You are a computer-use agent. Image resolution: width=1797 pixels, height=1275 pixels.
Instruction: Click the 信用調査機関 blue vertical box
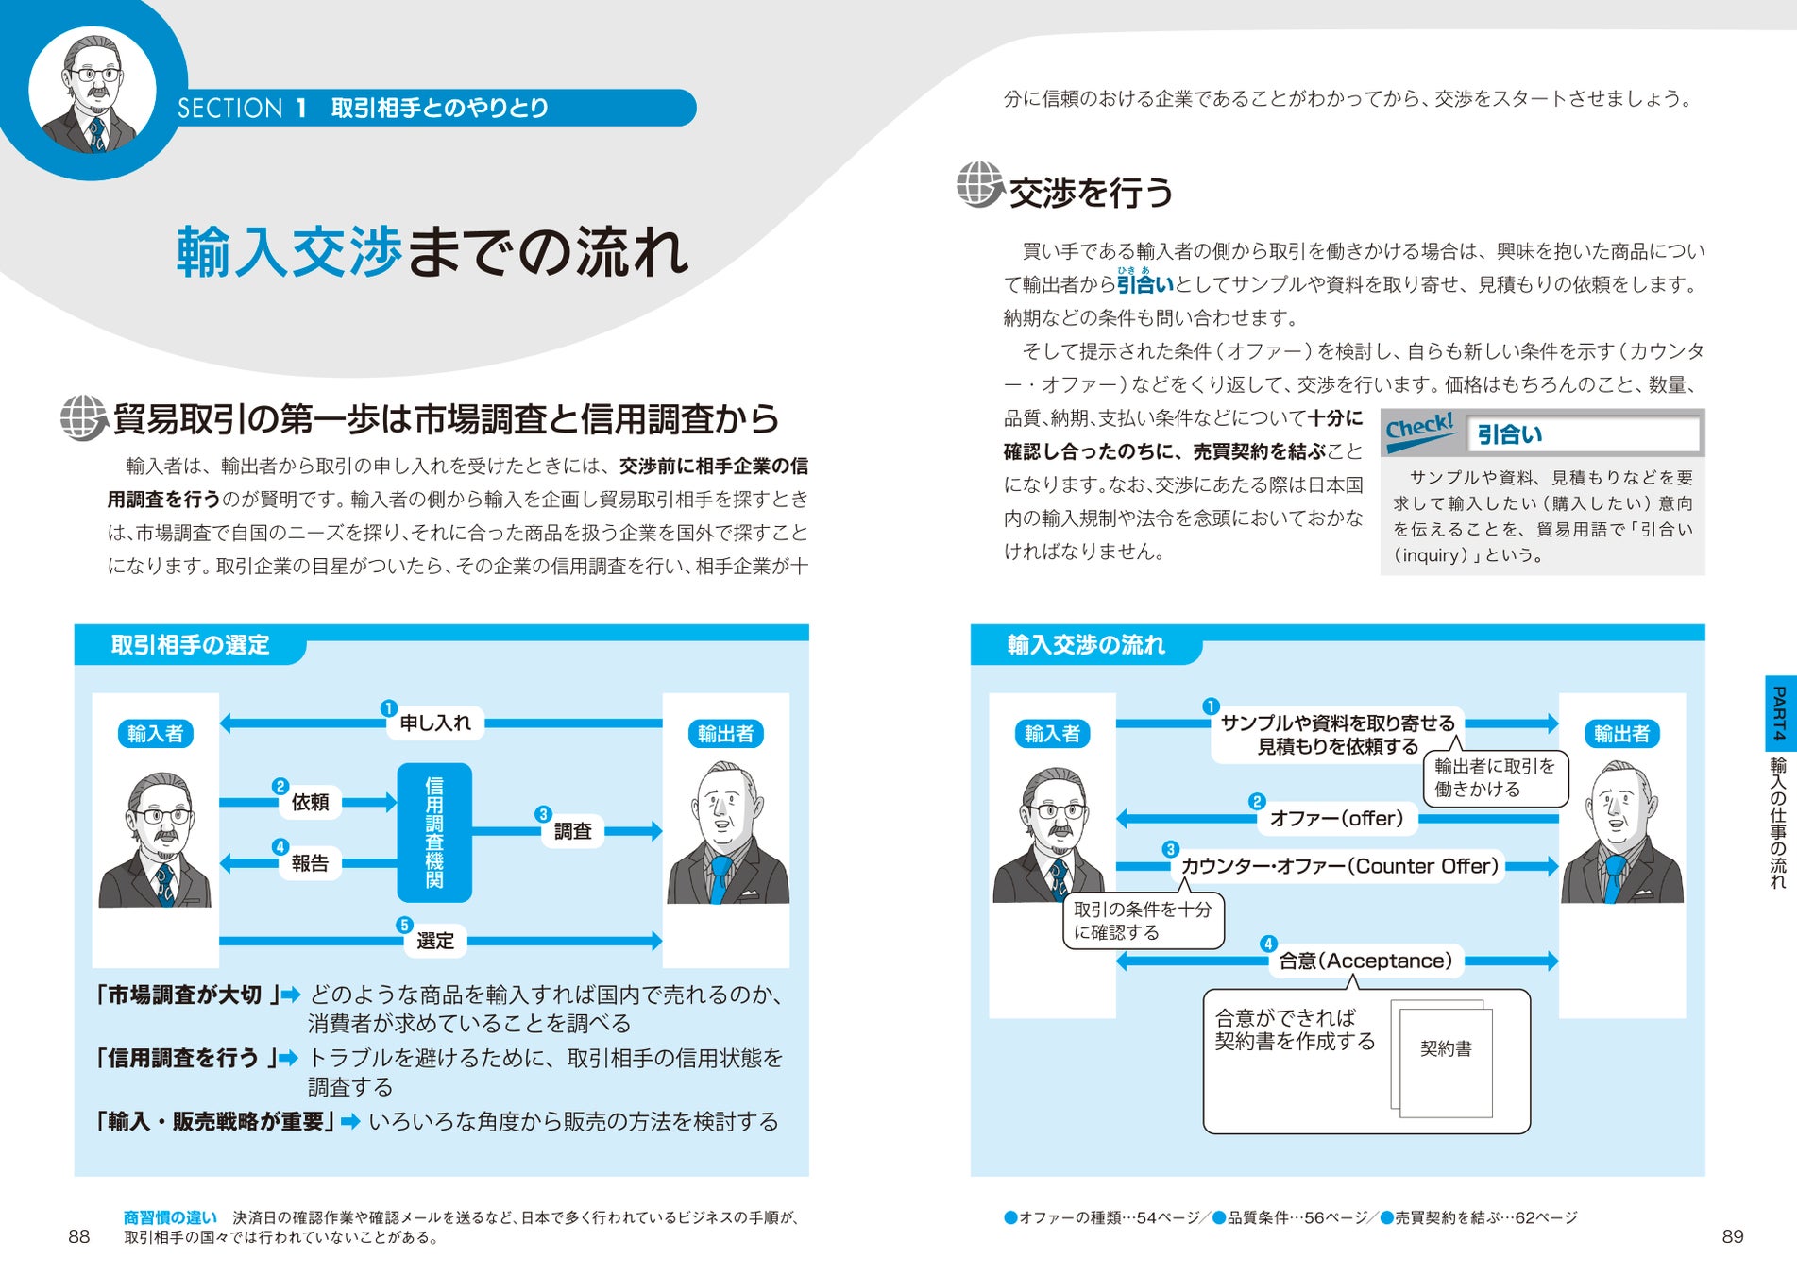coord(434,832)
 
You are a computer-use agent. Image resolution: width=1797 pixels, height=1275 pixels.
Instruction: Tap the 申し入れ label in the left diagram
coord(434,723)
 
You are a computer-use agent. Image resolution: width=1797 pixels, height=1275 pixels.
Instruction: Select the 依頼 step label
coord(310,803)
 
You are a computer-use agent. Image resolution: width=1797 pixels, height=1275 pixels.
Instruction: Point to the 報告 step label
coord(310,863)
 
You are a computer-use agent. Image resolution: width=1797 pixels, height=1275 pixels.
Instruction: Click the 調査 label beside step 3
coord(572,831)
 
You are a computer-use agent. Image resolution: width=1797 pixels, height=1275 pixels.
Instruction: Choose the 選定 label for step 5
coord(435,941)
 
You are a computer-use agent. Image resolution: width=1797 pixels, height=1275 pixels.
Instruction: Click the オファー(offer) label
coord(1336,819)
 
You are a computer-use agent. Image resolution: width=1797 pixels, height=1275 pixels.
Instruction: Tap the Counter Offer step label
coord(1339,866)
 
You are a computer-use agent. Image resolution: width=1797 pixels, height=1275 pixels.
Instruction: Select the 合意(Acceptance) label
coord(1365,961)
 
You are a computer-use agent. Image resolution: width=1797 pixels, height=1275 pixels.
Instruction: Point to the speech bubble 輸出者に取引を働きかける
coord(1494,777)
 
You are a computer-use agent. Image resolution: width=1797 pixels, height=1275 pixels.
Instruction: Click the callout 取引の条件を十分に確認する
coord(1143,921)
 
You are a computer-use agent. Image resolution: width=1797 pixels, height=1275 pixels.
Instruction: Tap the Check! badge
coord(1420,430)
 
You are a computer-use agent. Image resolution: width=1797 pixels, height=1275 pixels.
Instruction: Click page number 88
coord(79,1237)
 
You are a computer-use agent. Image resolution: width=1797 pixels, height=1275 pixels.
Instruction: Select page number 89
coord(1732,1237)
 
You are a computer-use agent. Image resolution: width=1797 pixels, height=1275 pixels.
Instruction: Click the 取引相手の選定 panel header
coord(191,645)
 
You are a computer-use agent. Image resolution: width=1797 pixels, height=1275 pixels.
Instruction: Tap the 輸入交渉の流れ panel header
coord(1086,645)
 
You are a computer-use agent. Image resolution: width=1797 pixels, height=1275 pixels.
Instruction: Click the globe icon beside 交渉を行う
coord(979,184)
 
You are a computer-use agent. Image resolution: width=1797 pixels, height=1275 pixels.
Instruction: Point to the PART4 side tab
coord(1779,714)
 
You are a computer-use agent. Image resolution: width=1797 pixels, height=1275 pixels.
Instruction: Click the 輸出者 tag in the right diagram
coord(1621,734)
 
